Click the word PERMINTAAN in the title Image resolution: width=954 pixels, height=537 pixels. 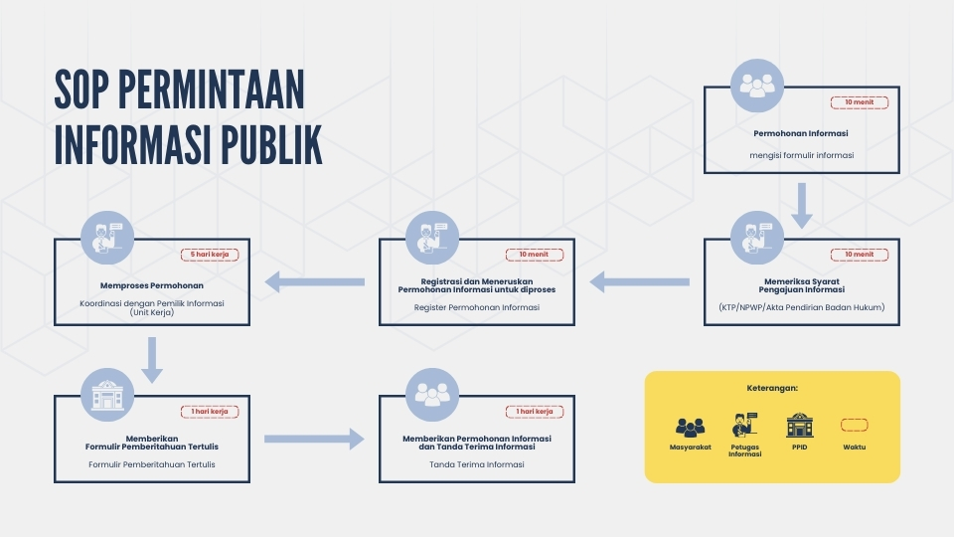point(211,89)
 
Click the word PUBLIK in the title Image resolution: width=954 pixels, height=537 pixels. point(271,145)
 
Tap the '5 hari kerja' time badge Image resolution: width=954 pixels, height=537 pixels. point(210,255)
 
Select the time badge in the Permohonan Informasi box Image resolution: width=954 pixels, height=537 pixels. point(859,102)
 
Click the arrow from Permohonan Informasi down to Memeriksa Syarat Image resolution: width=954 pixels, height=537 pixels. point(802,205)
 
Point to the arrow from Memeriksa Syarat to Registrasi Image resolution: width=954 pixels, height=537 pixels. point(639,281)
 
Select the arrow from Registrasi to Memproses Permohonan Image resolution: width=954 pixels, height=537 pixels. point(315,281)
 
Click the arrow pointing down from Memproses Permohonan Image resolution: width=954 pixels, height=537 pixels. point(152,360)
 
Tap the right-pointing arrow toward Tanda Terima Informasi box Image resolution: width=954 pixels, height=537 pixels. point(314,439)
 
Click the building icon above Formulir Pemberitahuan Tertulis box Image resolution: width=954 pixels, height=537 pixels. point(107,395)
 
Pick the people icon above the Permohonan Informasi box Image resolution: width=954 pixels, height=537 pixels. point(757,86)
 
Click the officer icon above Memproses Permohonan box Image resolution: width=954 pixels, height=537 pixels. point(107,238)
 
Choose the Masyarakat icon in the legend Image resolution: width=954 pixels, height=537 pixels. point(690,428)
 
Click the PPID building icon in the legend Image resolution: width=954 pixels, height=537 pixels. point(799,425)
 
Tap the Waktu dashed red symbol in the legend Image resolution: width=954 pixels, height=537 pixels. point(855,425)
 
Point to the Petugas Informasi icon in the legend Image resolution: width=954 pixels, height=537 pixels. point(744,425)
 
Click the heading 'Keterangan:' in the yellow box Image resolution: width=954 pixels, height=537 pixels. point(772,388)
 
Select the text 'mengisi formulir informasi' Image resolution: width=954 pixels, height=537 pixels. point(802,155)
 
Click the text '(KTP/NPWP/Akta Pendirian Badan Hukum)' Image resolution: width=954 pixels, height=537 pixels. point(802,307)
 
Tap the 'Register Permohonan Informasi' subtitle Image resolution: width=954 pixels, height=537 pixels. point(477,307)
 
